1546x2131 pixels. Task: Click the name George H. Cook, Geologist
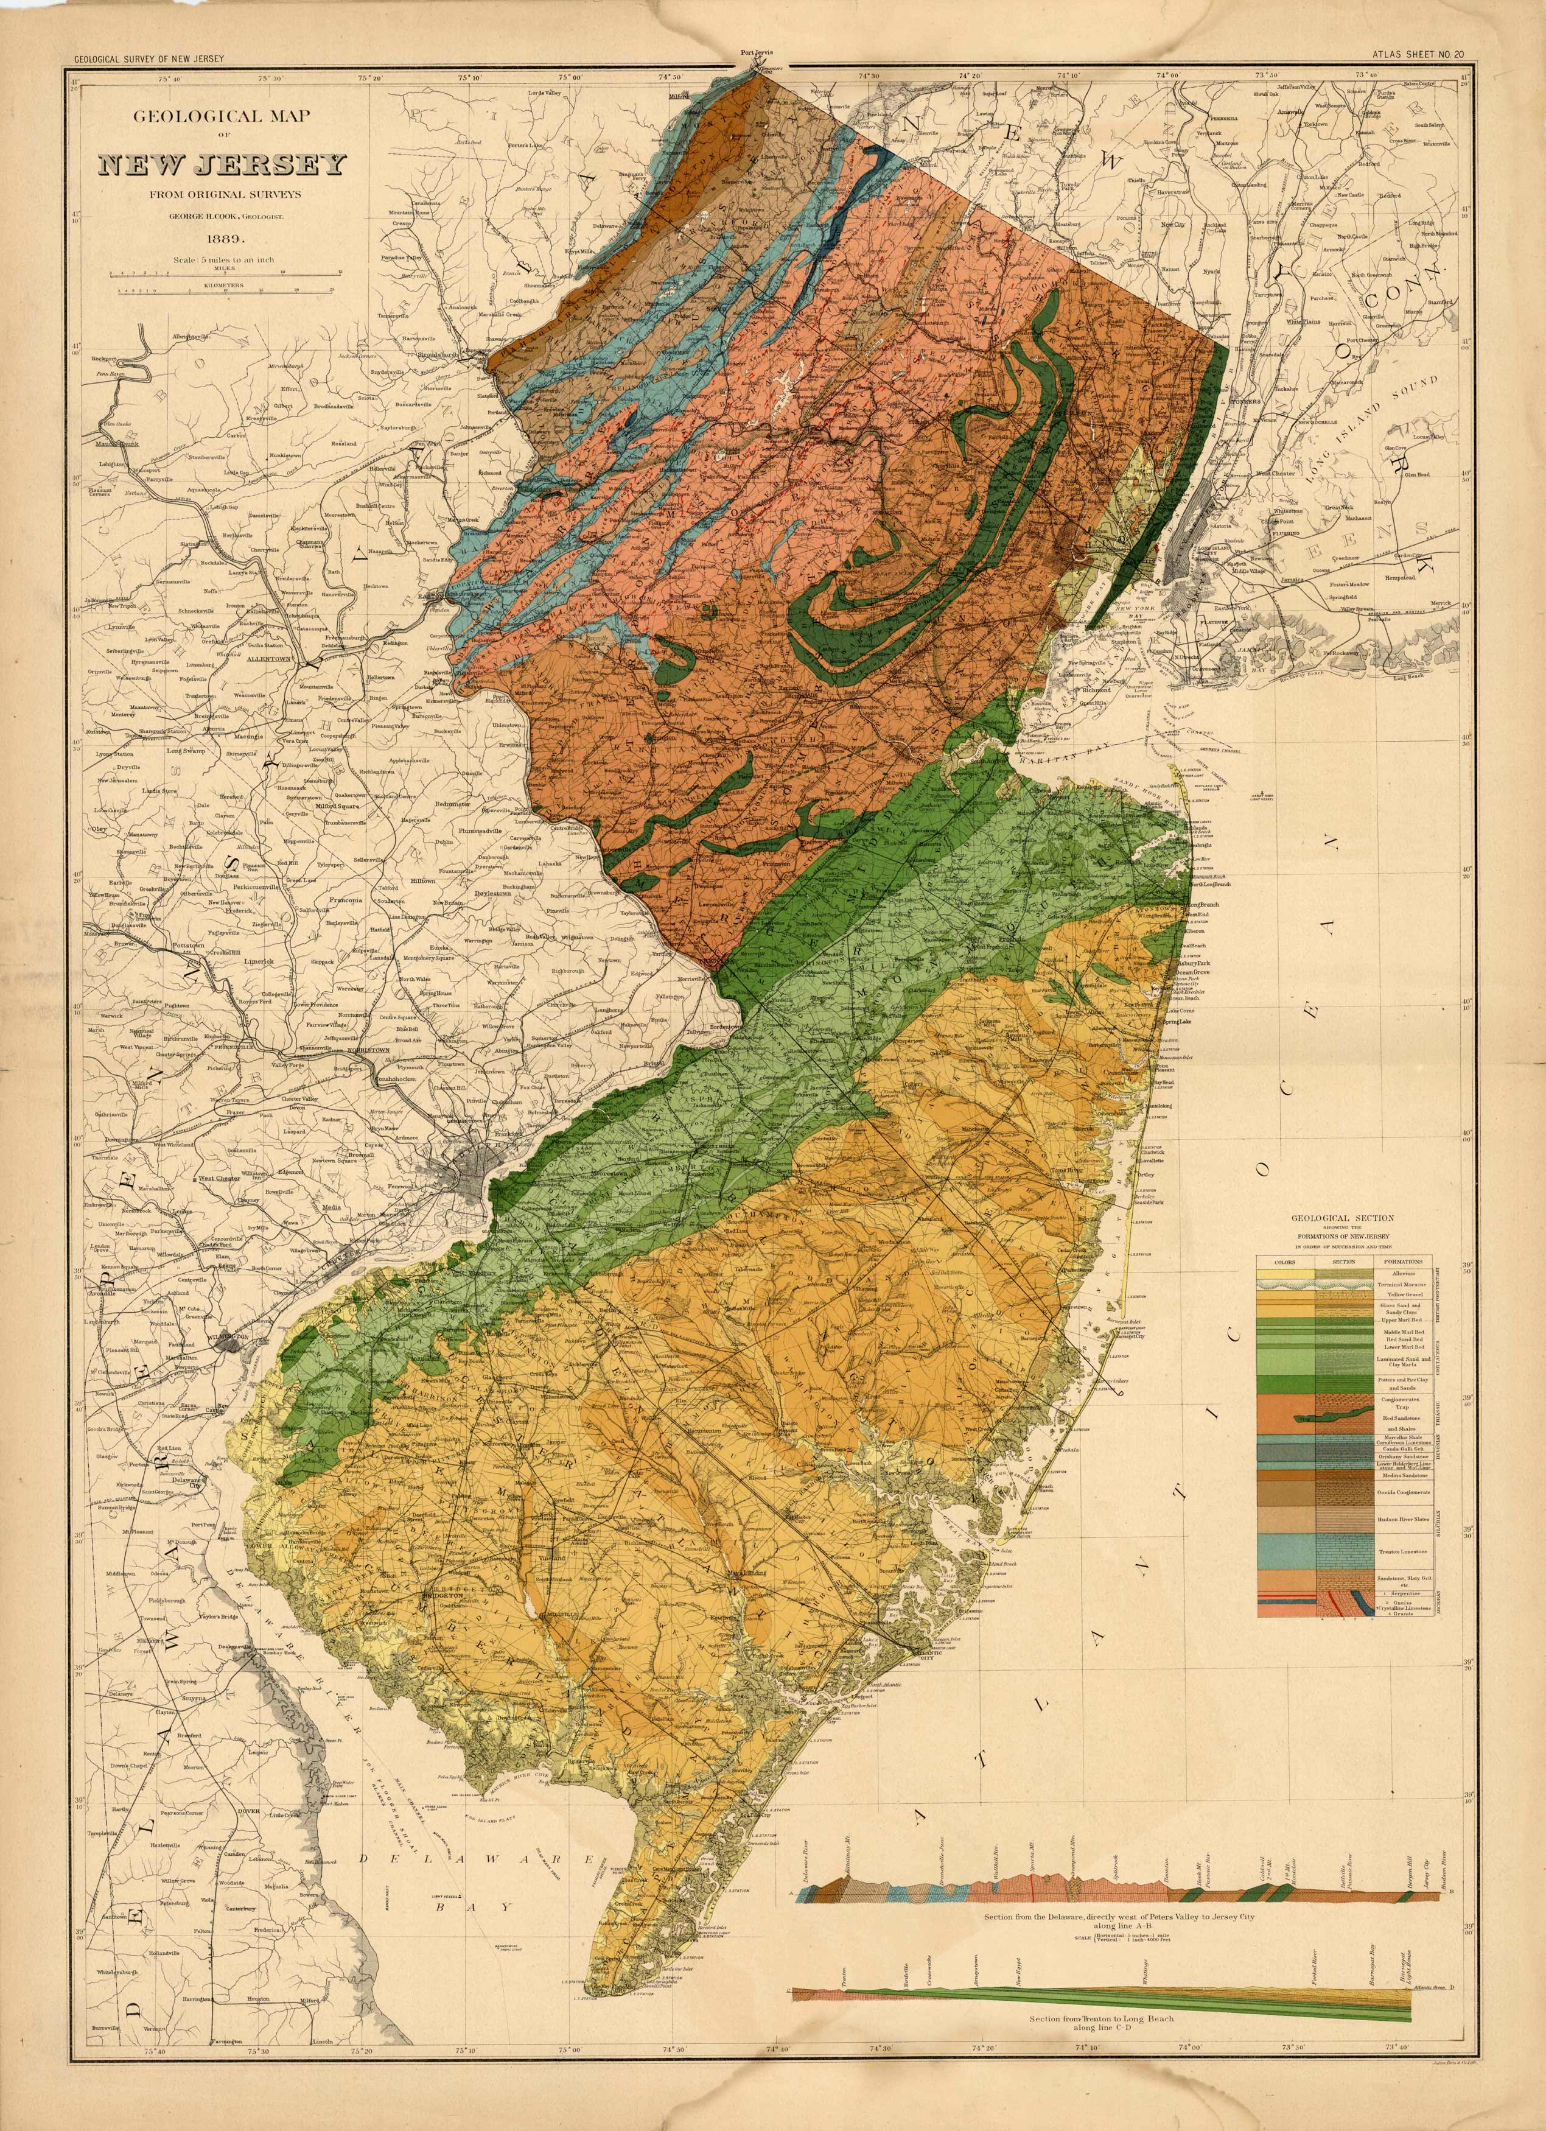tap(222, 215)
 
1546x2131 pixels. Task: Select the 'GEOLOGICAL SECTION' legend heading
tap(1345, 1218)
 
